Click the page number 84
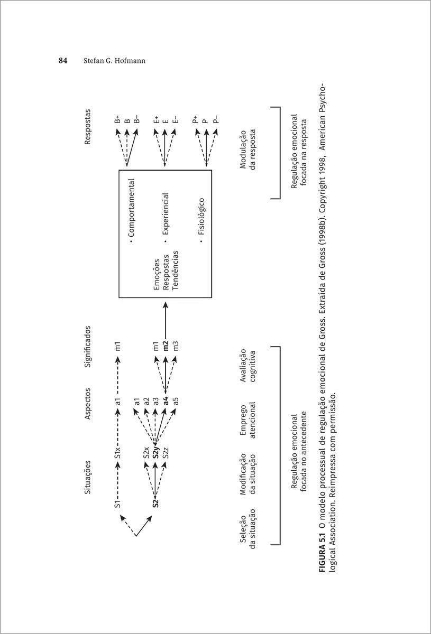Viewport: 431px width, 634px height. tap(63, 61)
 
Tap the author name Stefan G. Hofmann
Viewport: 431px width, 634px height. tap(114, 61)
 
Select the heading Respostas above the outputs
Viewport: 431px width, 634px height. tap(88, 127)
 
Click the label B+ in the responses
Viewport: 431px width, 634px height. tap(118, 120)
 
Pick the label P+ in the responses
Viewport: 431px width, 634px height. tap(195, 120)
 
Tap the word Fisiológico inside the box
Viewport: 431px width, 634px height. tap(201, 222)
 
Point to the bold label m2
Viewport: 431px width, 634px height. tap(166, 347)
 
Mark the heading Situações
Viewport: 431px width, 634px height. tap(88, 477)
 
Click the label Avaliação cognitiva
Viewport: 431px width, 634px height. tap(248, 365)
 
